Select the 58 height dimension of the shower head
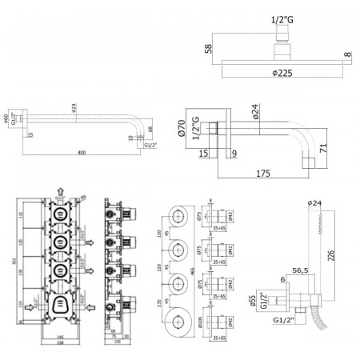click(x=210, y=48)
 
